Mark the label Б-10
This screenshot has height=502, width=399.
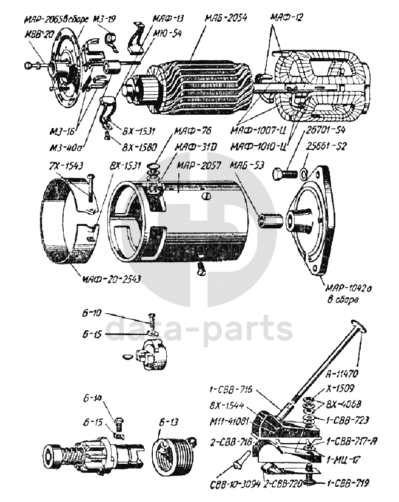coord(90,313)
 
